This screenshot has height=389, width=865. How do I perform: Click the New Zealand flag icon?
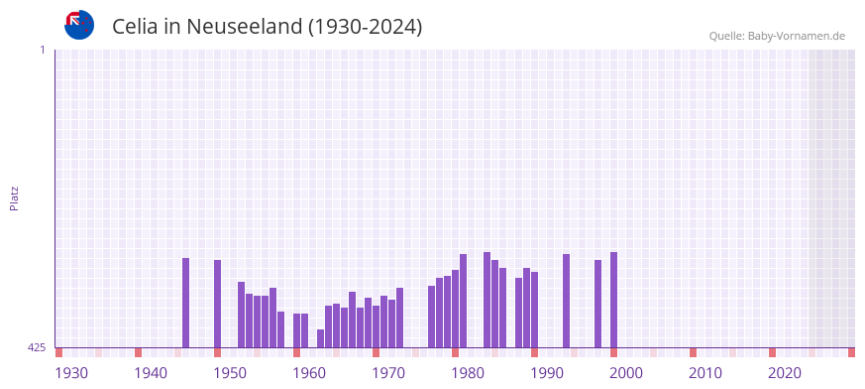click(x=79, y=25)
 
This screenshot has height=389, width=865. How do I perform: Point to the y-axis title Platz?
click(x=14, y=197)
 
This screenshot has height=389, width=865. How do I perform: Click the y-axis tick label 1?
click(x=42, y=50)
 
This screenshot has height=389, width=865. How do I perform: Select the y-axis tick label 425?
click(x=37, y=347)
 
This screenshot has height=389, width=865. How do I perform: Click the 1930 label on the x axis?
click(x=71, y=373)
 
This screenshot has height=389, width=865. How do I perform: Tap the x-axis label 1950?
click(x=230, y=373)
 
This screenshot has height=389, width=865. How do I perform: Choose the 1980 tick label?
click(x=468, y=373)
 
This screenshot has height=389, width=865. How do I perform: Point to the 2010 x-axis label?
click(x=705, y=373)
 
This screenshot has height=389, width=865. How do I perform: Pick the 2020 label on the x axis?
click(x=785, y=373)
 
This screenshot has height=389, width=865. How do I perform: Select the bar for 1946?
click(x=186, y=303)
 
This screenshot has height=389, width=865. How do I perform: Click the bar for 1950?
click(x=218, y=304)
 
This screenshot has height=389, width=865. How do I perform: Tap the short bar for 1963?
click(x=321, y=338)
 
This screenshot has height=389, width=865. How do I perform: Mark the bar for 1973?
click(x=400, y=318)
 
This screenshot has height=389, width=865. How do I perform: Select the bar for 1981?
click(x=464, y=301)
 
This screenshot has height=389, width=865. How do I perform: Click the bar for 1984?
click(x=487, y=300)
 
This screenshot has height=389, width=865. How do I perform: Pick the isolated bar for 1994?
click(x=567, y=301)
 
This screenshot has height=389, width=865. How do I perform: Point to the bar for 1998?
click(x=598, y=304)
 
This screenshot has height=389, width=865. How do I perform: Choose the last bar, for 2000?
click(x=614, y=300)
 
